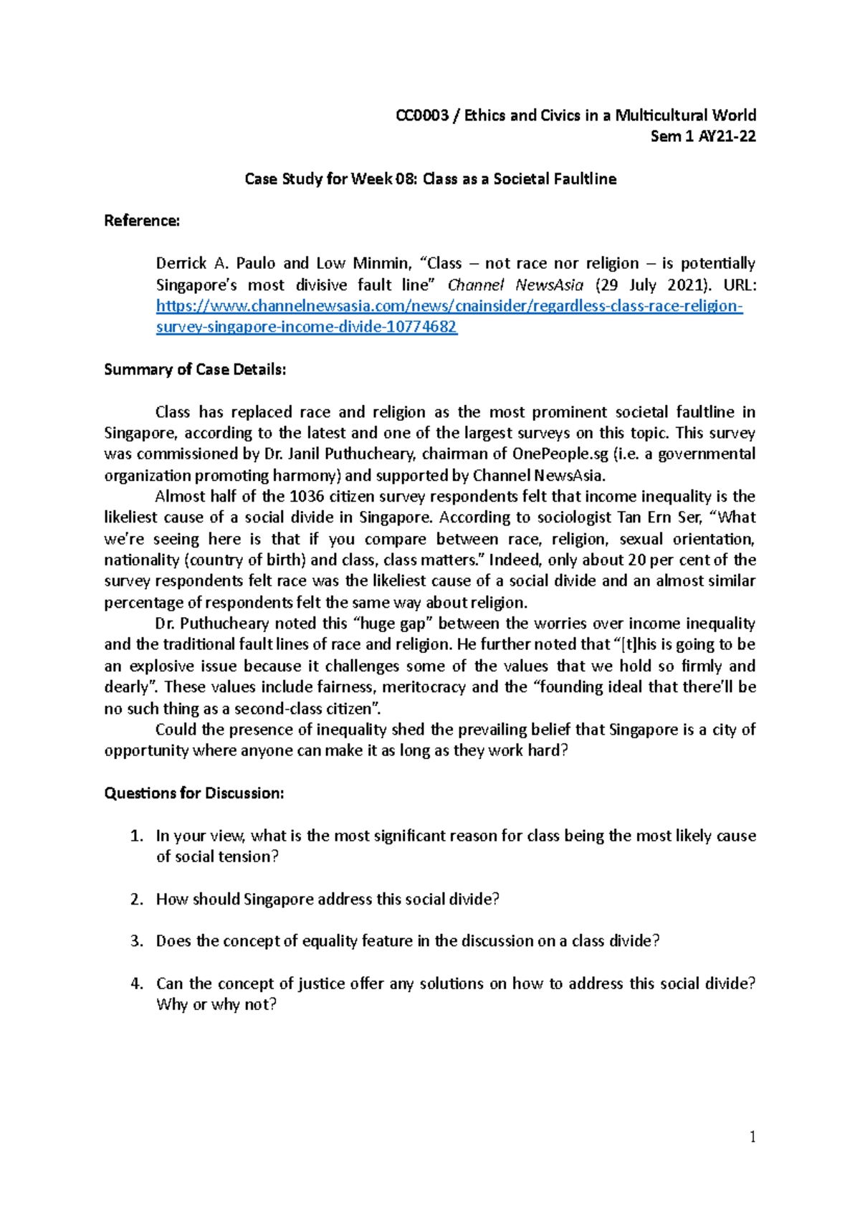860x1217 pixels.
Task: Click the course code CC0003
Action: (x=422, y=115)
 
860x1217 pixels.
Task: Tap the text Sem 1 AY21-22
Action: (x=702, y=136)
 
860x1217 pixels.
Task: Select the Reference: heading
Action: (x=142, y=221)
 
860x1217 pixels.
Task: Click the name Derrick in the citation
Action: (x=181, y=264)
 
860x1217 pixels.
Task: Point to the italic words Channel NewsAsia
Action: (x=515, y=285)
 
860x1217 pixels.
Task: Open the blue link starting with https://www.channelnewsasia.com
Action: (x=449, y=306)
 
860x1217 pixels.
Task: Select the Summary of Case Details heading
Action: (x=195, y=370)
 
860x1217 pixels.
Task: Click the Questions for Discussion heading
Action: (x=194, y=793)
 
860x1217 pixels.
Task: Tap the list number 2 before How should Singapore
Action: (x=136, y=899)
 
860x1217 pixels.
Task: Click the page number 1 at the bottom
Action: (x=752, y=1137)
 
